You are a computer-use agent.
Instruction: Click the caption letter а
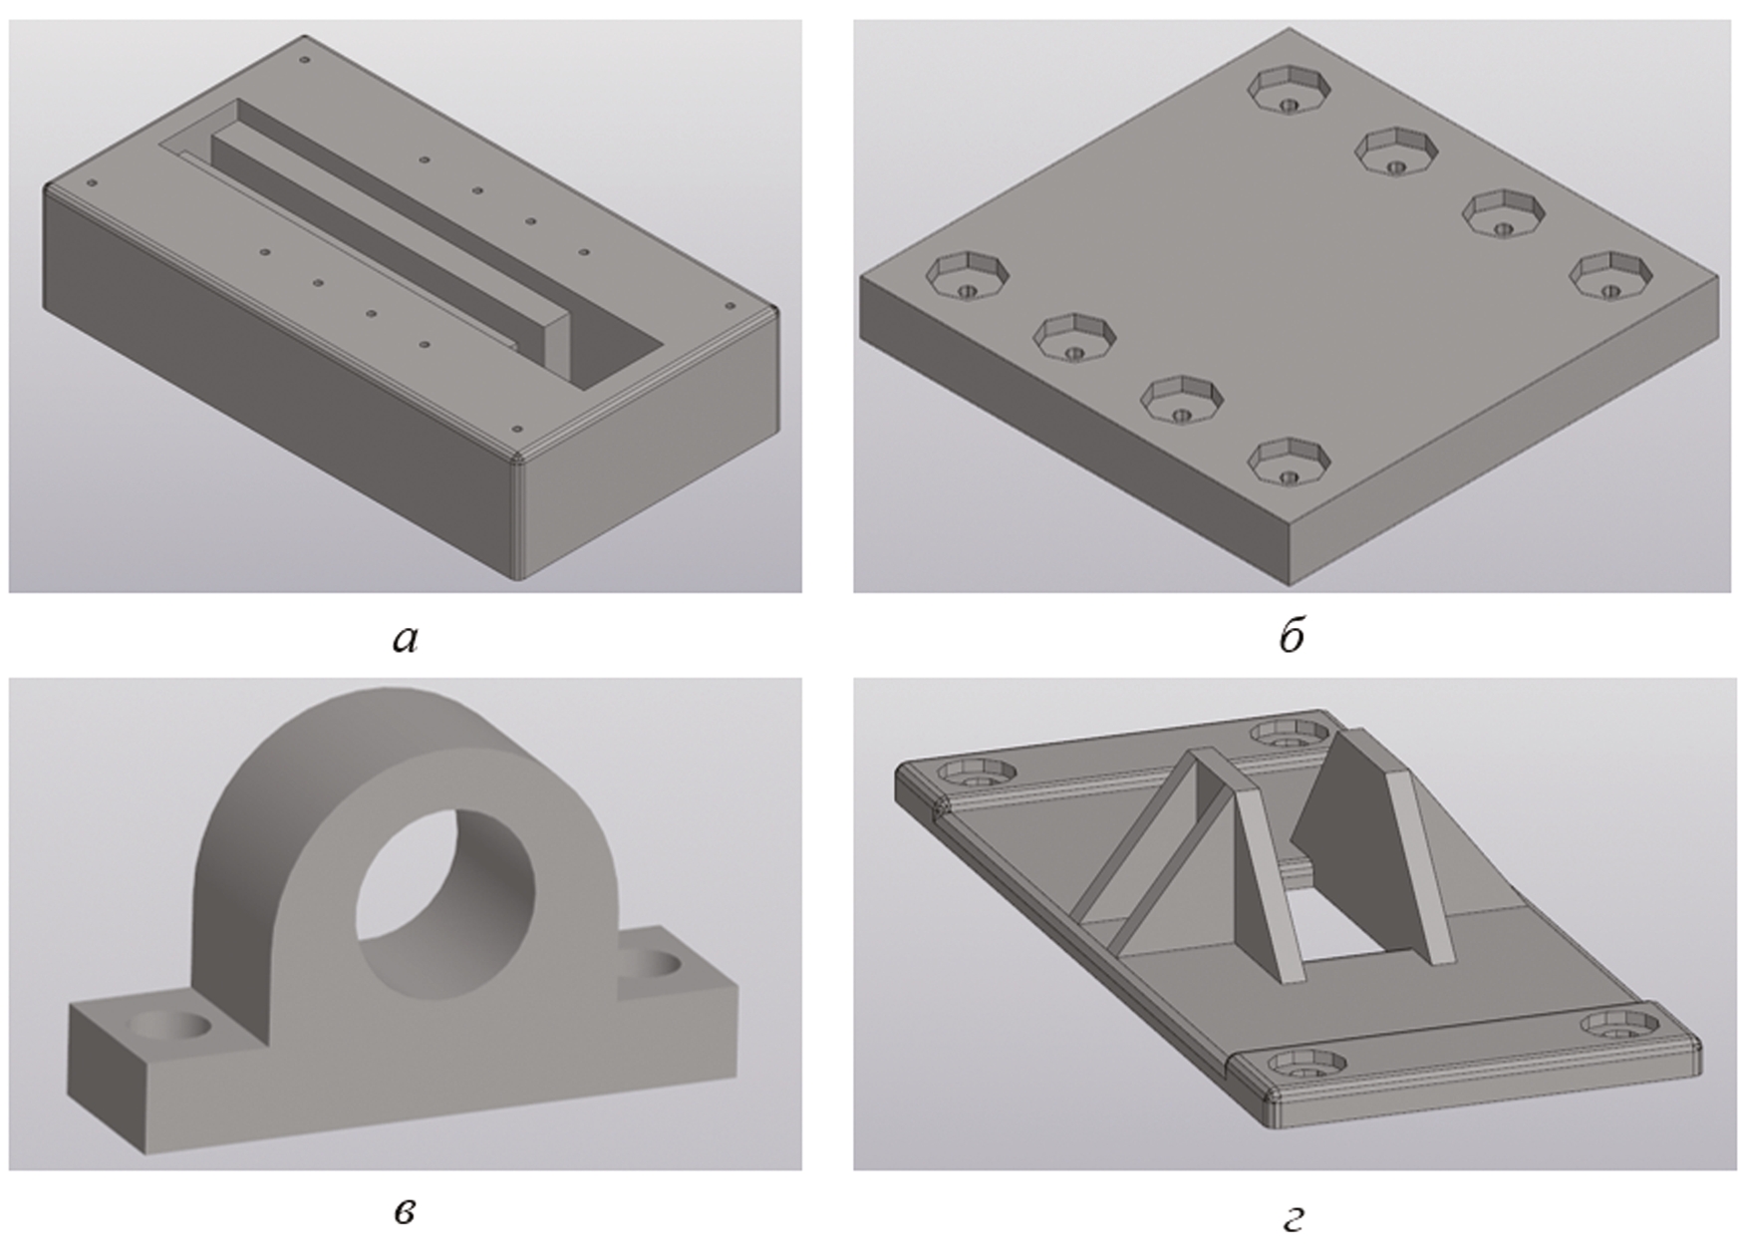(x=405, y=639)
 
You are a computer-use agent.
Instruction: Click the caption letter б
(x=1292, y=635)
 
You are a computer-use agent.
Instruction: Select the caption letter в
(x=405, y=1212)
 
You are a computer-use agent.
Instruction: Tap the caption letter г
(x=1292, y=1217)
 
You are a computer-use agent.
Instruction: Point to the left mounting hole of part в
(x=171, y=1025)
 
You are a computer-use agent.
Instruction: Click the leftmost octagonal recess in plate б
(x=968, y=276)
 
